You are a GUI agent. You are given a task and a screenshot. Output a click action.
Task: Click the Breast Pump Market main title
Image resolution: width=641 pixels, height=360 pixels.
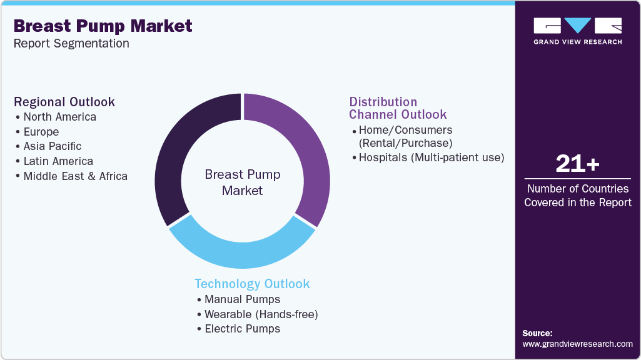click(x=103, y=26)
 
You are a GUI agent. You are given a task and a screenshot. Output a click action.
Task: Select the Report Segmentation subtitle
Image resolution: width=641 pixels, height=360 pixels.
click(x=71, y=44)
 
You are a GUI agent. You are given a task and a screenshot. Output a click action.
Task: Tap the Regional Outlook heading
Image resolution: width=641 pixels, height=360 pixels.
click(x=64, y=102)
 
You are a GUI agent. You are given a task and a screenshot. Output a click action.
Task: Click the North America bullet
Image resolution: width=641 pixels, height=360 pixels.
click(x=59, y=117)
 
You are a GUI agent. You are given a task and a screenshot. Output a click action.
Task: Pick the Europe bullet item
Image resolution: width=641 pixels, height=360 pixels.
click(x=41, y=132)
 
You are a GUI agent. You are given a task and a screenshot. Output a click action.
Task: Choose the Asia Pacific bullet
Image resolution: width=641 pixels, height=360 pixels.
click(x=52, y=146)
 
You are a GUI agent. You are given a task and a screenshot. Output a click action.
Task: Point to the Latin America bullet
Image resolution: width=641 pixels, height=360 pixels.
click(x=58, y=161)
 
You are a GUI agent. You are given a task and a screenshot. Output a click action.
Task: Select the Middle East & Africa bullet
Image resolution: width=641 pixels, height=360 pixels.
click(x=75, y=176)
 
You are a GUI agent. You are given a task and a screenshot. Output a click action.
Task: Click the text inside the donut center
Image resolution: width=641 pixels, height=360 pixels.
click(x=243, y=182)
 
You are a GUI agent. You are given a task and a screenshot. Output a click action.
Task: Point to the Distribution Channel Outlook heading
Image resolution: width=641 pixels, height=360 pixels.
click(x=398, y=108)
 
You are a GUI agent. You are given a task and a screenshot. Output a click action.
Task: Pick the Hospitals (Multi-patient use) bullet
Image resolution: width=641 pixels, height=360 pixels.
click(x=431, y=157)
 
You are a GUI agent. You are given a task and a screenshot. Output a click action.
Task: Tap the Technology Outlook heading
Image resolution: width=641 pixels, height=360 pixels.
click(x=252, y=284)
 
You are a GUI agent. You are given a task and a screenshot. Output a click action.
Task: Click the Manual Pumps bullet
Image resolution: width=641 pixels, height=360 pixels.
click(x=242, y=299)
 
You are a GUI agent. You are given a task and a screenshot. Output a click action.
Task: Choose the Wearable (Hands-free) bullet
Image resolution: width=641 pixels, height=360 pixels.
click(x=261, y=314)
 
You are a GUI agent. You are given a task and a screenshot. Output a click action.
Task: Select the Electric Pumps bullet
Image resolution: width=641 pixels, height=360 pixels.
click(x=242, y=329)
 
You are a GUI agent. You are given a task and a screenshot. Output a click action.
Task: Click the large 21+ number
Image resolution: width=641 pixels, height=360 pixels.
click(x=577, y=164)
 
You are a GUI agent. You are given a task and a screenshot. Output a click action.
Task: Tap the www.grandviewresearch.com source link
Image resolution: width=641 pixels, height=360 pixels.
click(x=577, y=344)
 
